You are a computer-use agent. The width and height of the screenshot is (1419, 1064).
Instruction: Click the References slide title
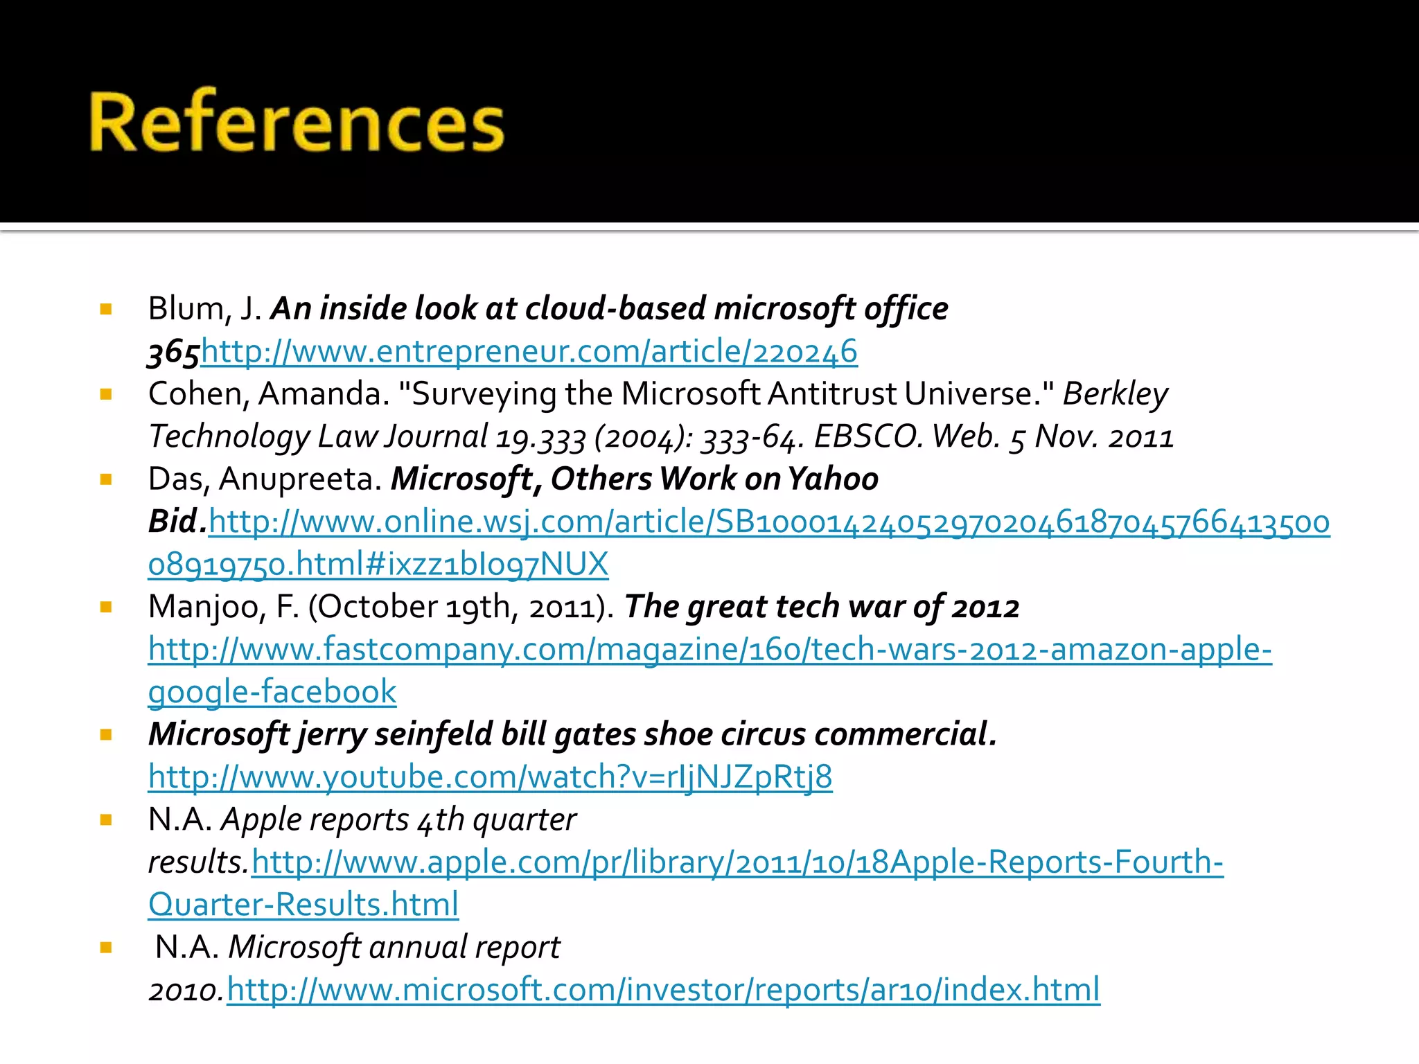coord(297,122)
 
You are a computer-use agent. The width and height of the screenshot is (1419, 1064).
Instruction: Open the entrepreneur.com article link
coord(529,352)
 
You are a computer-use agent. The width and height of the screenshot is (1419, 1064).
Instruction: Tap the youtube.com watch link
coord(490,777)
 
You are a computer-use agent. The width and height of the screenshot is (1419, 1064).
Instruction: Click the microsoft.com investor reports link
coord(663,990)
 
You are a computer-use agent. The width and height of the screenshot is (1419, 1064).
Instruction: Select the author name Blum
coord(185,309)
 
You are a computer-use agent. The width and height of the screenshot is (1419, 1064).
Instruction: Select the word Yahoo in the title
coord(833,479)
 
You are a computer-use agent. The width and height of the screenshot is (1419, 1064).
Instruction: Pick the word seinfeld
coord(433,735)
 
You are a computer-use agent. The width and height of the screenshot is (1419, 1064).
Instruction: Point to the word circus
coord(763,735)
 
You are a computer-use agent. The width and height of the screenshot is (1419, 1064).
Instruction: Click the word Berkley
coord(1115,394)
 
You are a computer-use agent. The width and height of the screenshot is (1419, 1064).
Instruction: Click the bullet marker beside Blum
coord(106,309)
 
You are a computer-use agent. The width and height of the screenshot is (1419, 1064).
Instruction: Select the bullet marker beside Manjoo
coord(106,608)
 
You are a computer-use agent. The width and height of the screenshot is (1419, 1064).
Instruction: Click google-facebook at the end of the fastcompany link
coord(272,693)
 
